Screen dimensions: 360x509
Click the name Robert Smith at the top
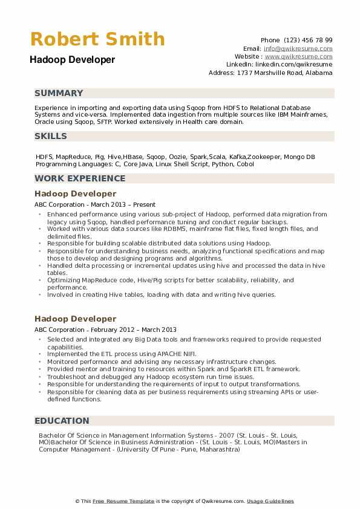pyautogui.click(x=97, y=39)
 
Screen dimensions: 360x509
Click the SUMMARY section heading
pyautogui.click(x=59, y=93)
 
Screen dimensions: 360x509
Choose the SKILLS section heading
pyautogui.click(x=51, y=137)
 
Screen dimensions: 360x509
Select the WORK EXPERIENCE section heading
pyautogui.click(x=80, y=178)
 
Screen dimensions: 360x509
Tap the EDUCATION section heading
pyautogui.click(x=62, y=421)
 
